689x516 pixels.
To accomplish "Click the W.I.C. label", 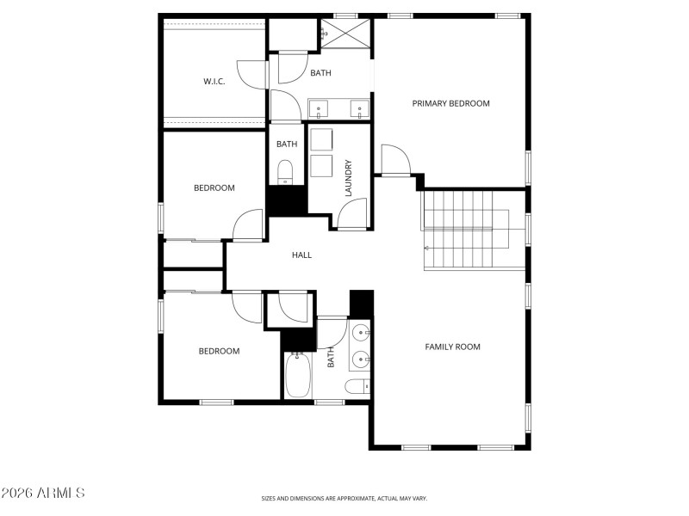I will click(214, 82).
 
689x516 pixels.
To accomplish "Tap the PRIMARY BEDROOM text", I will click(450, 103).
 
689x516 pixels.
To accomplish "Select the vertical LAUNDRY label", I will click(349, 178).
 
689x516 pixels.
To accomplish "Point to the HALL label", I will click(301, 255).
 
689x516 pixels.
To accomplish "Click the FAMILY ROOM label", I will click(452, 347).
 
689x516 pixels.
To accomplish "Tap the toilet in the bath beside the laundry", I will click(286, 173).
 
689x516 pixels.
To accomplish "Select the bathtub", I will click(298, 376).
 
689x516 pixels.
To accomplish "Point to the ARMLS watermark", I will click(43, 494).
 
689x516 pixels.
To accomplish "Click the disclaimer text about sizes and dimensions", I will click(344, 498).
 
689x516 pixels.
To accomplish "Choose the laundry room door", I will click(352, 215).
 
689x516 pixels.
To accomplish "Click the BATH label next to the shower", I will click(320, 73).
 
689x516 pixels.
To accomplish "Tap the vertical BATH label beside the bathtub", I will click(331, 358).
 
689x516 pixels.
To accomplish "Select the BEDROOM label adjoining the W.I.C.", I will click(214, 187).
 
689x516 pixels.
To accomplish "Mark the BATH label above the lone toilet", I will click(287, 144).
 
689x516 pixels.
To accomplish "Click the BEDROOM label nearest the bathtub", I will click(219, 351).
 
